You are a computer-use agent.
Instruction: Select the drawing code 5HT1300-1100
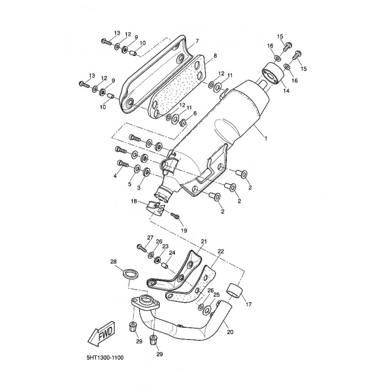pyautogui.click(x=105, y=358)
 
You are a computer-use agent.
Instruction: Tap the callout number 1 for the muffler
pyautogui.click(x=266, y=138)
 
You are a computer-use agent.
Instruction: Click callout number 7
pyautogui.click(x=197, y=41)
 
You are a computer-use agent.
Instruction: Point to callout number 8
pyautogui.click(x=215, y=56)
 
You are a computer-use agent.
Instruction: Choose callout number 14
pyautogui.click(x=286, y=91)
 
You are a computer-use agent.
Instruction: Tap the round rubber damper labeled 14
pyautogui.click(x=273, y=72)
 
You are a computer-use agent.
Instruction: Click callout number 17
pyautogui.click(x=249, y=304)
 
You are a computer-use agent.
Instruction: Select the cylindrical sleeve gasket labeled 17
pyautogui.click(x=235, y=291)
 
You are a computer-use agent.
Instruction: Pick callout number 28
pyautogui.click(x=114, y=262)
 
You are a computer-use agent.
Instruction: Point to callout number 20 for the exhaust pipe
pyautogui.click(x=230, y=332)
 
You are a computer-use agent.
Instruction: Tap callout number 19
pyautogui.click(x=184, y=230)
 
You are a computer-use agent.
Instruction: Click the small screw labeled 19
pyautogui.click(x=174, y=215)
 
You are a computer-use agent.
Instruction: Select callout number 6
pyautogui.click(x=195, y=114)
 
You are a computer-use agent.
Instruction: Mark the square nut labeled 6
pyautogui.click(x=183, y=122)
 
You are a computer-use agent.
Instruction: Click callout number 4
pyautogui.click(x=115, y=176)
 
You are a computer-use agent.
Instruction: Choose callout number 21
pyautogui.click(x=204, y=242)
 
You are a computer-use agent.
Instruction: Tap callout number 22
pyautogui.click(x=221, y=251)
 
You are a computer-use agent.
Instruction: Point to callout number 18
pyautogui.click(x=134, y=201)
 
